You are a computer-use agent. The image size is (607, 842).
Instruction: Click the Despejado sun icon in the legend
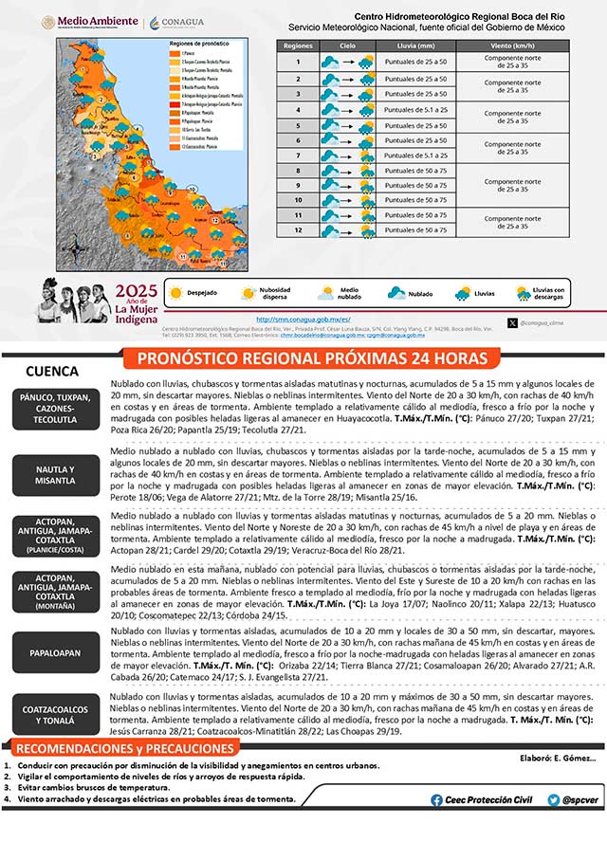pyautogui.click(x=175, y=294)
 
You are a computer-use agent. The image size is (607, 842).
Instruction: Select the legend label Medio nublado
pyautogui.click(x=348, y=294)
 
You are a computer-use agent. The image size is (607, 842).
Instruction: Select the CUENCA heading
pyautogui.click(x=52, y=371)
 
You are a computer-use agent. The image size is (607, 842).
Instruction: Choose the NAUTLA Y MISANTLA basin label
pyautogui.click(x=55, y=474)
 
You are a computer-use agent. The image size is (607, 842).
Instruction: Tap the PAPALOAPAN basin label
pyautogui.click(x=55, y=651)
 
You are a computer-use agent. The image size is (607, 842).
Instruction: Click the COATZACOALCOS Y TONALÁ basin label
pyautogui.click(x=55, y=712)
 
